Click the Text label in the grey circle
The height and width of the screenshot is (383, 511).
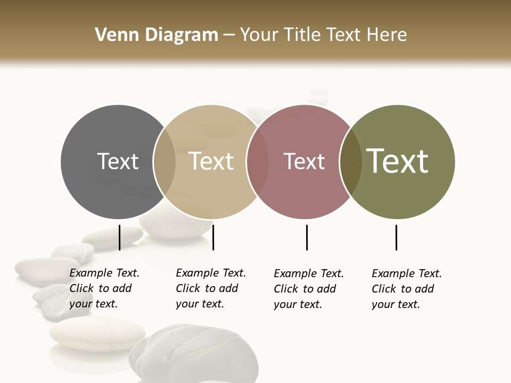click(118, 161)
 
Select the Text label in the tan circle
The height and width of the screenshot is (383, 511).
click(211, 161)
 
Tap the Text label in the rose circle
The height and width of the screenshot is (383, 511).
click(304, 161)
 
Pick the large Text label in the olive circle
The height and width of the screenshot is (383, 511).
click(398, 161)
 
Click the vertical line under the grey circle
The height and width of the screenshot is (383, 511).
click(119, 237)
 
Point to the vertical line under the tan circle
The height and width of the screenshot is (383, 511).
click(213, 237)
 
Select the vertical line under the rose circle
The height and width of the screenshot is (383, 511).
click(307, 237)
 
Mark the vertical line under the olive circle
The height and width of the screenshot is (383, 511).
click(396, 237)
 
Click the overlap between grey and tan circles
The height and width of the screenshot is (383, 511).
click(164, 162)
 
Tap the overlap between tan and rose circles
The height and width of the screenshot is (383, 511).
click(257, 162)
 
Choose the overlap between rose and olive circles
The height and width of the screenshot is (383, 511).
click(350, 162)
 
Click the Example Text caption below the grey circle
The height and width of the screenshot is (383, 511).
click(104, 288)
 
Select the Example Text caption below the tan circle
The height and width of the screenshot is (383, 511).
click(210, 288)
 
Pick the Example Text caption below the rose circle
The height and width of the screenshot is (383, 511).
click(308, 289)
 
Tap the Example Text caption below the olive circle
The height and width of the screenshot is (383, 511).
click(406, 289)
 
